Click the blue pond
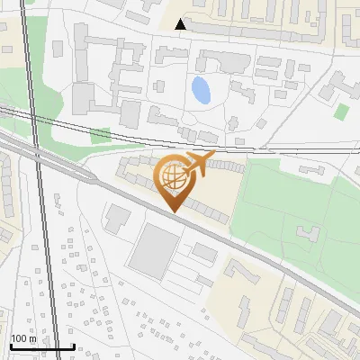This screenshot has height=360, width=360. click(x=201, y=89)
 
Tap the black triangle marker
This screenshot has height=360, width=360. click(x=181, y=24)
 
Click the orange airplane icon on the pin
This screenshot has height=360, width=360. click(x=197, y=163)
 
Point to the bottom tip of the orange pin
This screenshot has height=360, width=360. click(x=172, y=212)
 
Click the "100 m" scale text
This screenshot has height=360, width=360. click(x=25, y=338)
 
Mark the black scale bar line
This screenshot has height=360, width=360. click(x=41, y=346)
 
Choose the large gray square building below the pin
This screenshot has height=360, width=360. click(x=155, y=249)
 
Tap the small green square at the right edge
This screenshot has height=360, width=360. click(x=342, y=112)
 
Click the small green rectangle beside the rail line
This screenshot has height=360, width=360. click(x=100, y=136)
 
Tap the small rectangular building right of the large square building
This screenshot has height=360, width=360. click(x=204, y=252)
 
